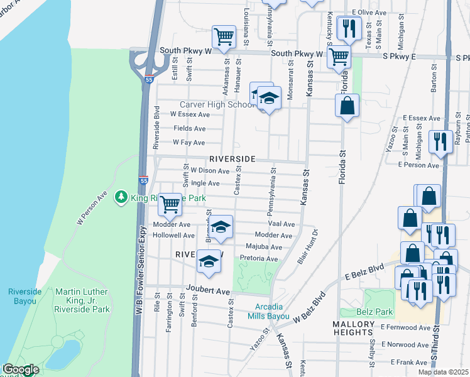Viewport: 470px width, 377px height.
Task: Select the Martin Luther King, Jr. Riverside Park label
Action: click(82, 300)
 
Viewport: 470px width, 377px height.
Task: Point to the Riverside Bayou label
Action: click(28, 296)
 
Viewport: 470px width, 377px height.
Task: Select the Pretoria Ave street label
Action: click(259, 259)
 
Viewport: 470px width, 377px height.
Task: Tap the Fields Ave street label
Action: click(190, 128)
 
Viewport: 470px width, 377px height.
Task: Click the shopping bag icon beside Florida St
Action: click(347, 106)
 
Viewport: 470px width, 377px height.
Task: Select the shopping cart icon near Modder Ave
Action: click(169, 204)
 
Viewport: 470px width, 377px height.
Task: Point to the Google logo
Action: click(21, 370)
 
